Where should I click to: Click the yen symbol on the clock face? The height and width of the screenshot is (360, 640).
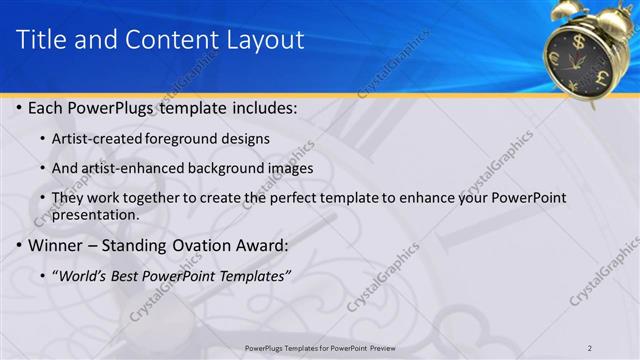[574, 85]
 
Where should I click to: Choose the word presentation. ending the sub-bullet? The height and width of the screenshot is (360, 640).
[95, 214]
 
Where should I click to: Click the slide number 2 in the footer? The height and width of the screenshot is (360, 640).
[590, 347]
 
